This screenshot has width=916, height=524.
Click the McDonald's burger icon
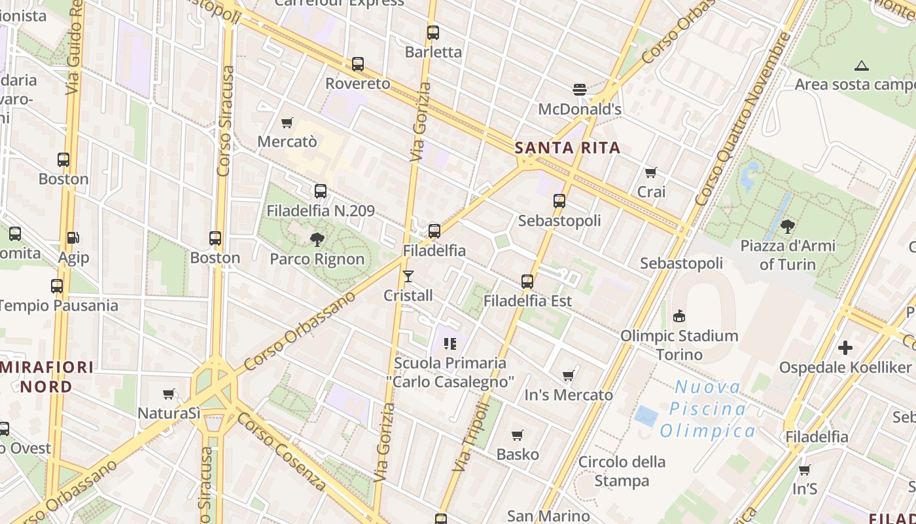579,89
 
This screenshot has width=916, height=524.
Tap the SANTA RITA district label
567,147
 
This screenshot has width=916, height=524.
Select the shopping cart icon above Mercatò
287,122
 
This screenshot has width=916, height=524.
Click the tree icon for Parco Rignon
317,240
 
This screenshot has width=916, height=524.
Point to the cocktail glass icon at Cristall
408,276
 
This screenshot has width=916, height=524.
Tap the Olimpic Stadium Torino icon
679,316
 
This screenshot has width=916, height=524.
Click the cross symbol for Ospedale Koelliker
845,348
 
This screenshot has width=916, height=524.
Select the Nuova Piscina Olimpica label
707,409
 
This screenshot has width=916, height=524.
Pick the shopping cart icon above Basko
518,436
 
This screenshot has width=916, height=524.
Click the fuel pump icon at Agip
73,238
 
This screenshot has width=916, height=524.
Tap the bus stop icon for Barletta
433,33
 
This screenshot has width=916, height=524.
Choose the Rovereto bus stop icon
358,64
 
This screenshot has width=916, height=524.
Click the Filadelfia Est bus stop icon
527,282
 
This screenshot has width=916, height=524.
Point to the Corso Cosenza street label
281,451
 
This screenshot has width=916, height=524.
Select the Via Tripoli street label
471,436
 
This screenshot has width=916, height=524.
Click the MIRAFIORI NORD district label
47,377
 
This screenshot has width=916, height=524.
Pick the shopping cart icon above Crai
651,173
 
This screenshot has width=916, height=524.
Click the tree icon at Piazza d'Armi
788,227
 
